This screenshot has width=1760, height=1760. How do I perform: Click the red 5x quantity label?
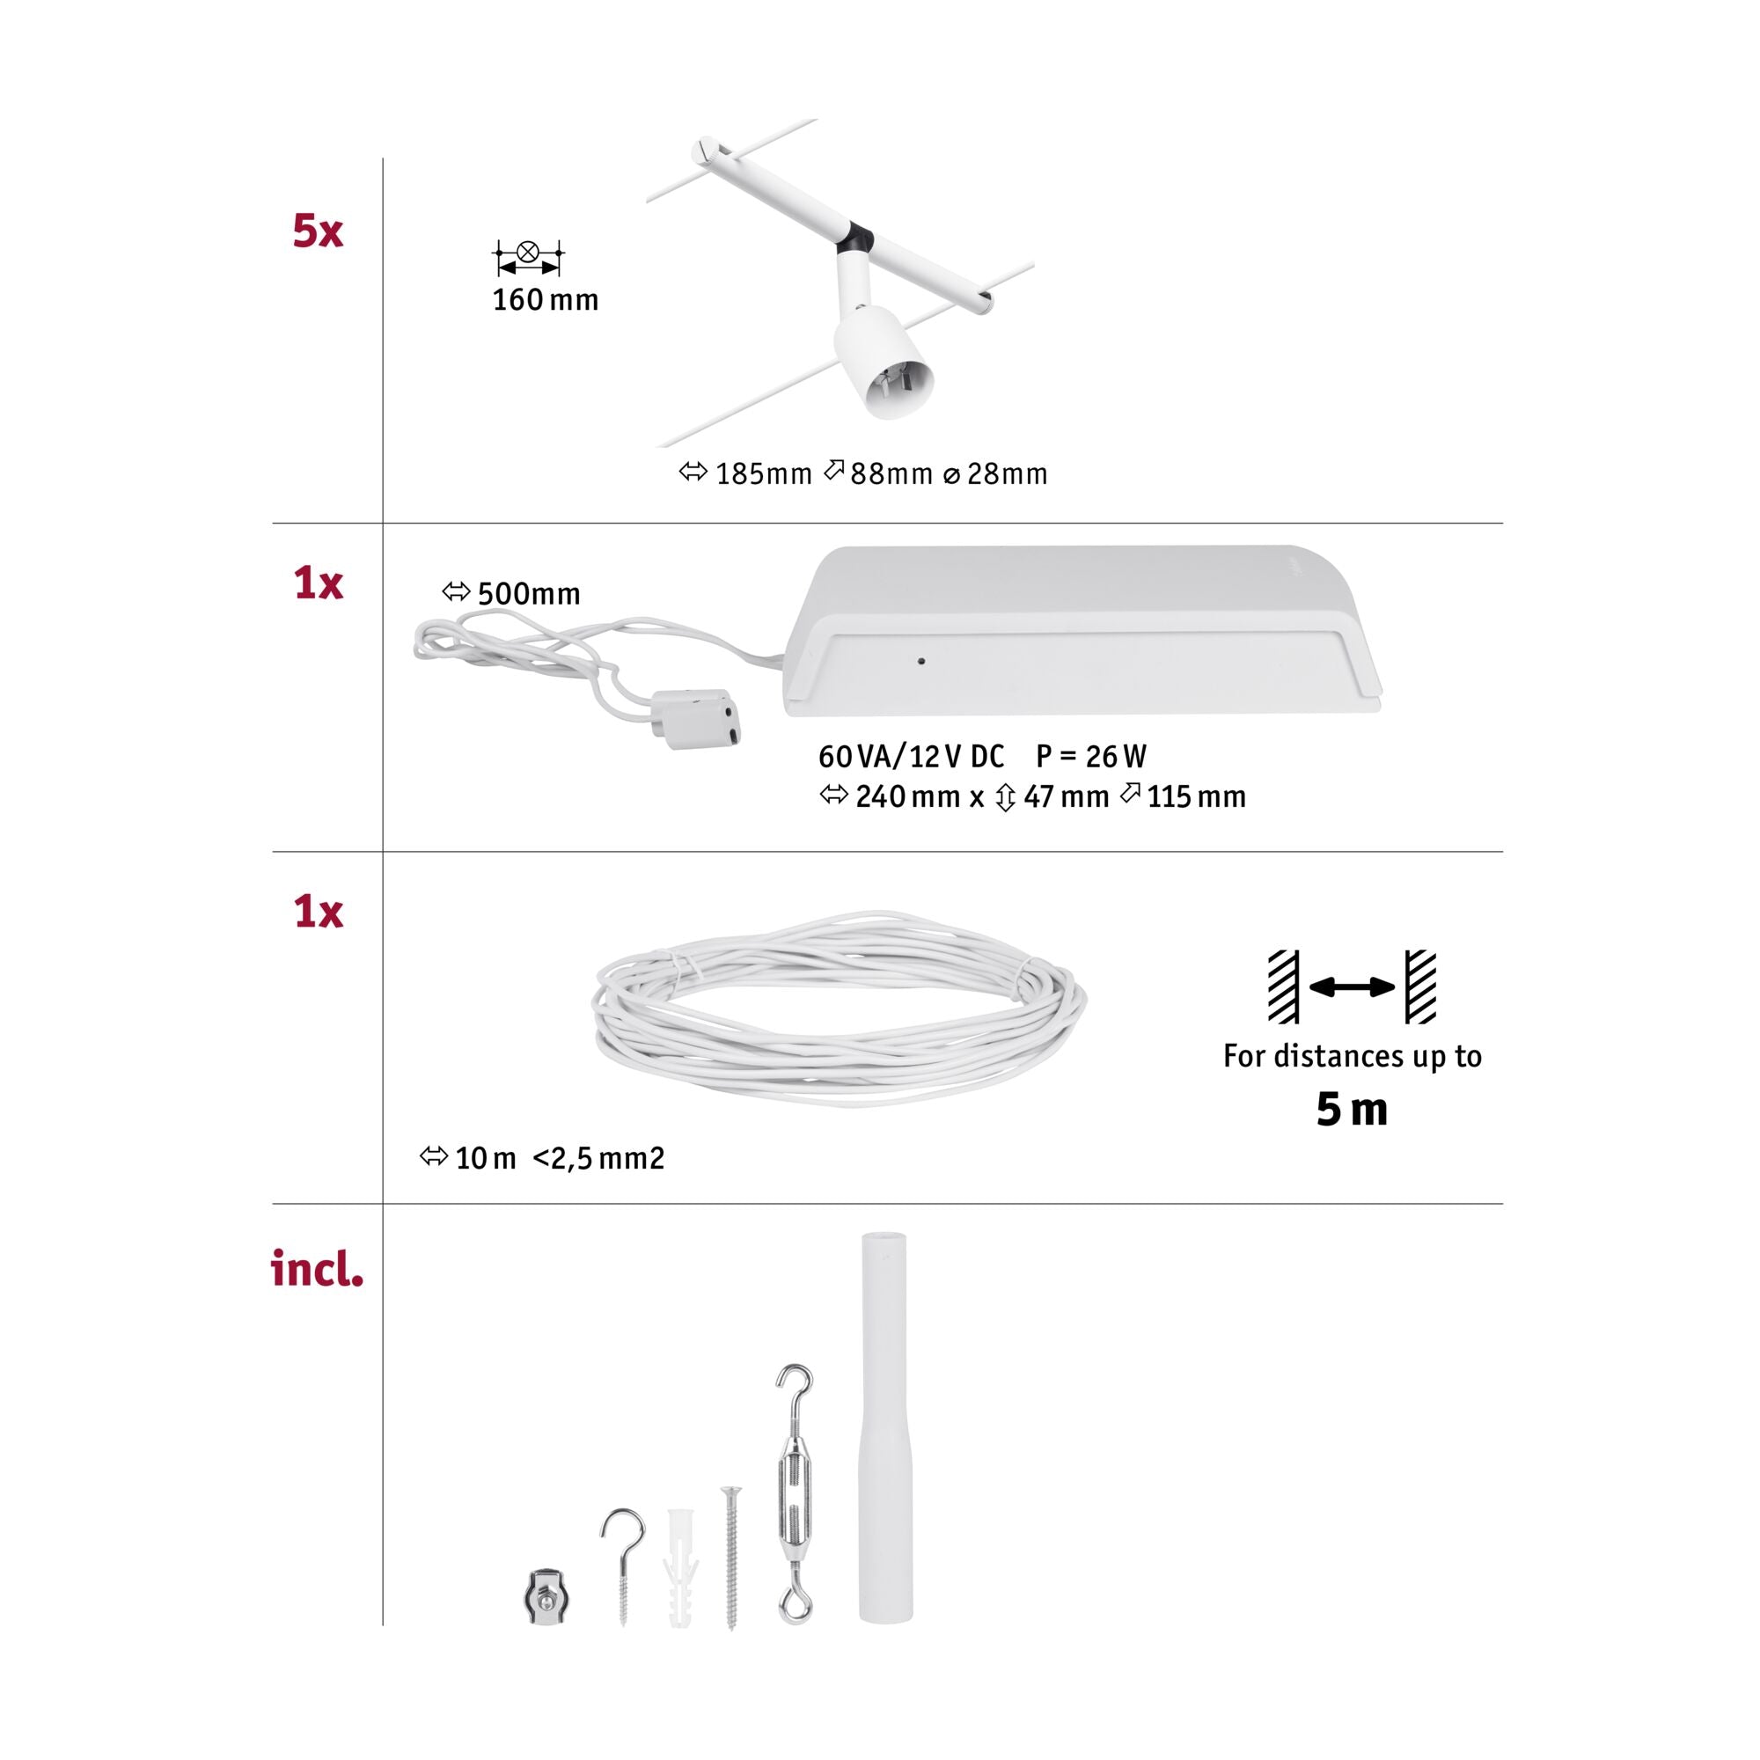click(317, 231)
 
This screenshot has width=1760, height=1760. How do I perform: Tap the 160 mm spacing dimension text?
click(545, 300)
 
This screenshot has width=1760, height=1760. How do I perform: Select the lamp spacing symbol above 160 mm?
click(527, 258)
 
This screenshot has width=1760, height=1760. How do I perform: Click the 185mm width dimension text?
click(763, 473)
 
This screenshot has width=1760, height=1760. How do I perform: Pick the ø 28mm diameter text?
click(994, 473)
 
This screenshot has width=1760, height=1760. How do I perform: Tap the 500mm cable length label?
click(528, 594)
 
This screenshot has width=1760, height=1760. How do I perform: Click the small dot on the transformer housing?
click(922, 661)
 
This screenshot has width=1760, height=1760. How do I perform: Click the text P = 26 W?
click(1090, 756)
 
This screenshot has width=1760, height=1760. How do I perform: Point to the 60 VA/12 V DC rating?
click(911, 756)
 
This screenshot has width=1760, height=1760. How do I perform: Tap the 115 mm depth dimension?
click(1195, 797)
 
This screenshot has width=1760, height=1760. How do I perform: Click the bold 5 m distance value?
click(1352, 1111)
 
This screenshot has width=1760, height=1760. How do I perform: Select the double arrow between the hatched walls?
click(1352, 986)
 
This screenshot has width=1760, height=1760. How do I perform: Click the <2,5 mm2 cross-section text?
click(598, 1159)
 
